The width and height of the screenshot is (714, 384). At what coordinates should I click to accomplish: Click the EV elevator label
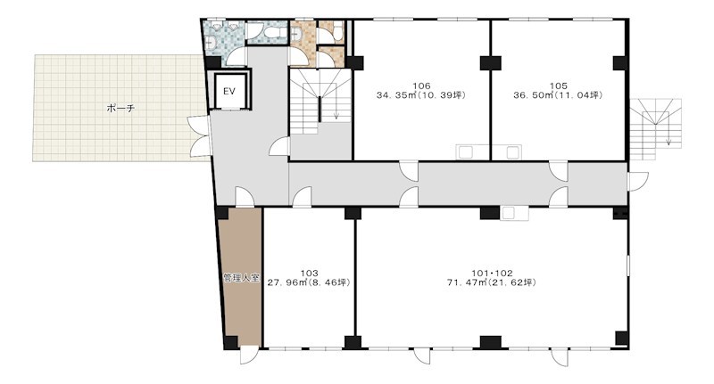(229, 92)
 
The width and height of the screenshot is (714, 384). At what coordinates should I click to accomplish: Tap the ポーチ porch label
(120, 109)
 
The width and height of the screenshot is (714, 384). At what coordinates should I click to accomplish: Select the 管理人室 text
(241, 278)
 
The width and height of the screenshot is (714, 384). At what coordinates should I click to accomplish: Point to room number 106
(421, 86)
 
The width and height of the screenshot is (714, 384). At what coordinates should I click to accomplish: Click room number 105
(559, 86)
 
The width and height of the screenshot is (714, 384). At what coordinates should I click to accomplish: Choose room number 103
(309, 274)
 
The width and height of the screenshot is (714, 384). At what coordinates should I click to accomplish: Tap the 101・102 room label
(492, 274)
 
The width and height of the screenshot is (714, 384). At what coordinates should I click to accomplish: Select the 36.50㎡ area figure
(530, 95)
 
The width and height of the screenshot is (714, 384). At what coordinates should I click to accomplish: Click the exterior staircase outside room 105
(656, 129)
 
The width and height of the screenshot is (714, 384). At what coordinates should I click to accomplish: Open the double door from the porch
(198, 135)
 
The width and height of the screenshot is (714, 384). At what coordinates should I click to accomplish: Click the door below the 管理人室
(249, 355)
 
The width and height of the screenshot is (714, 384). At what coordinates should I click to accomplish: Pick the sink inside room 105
(513, 151)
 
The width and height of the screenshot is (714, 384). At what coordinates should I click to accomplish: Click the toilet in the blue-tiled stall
(273, 32)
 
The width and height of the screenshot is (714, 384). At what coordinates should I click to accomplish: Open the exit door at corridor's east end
(637, 182)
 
